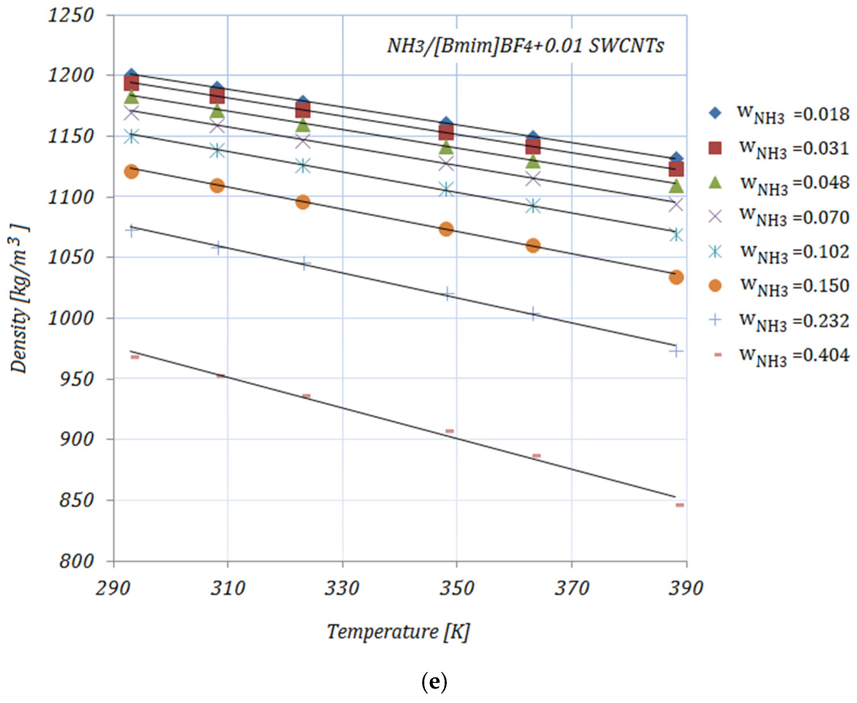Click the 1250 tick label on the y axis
(71, 16)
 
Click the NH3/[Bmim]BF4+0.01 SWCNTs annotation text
(525, 45)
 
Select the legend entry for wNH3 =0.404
(778, 355)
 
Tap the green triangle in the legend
(715, 183)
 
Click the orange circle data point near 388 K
(676, 277)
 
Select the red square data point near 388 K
(676, 169)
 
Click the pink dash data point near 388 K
(680, 505)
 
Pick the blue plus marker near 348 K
(447, 294)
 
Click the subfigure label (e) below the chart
(434, 682)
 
